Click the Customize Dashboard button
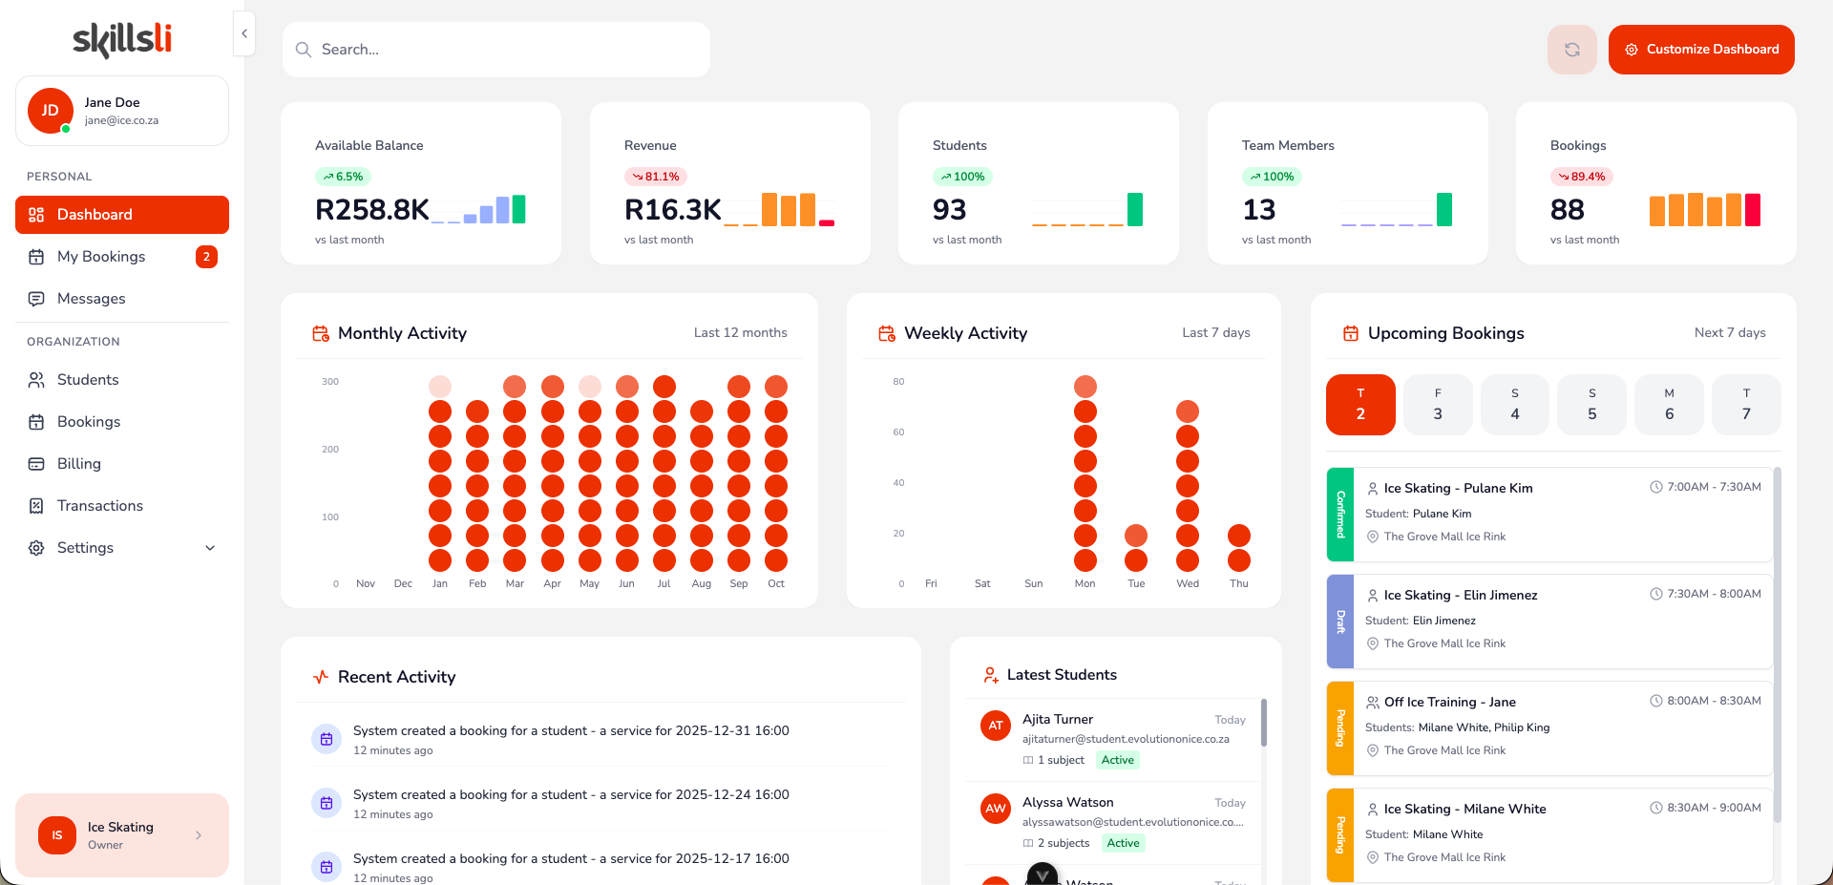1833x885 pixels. coord(1701,50)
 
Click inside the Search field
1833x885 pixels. coord(496,50)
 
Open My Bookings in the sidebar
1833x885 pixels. coord(101,257)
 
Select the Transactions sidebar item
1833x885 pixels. coord(99,506)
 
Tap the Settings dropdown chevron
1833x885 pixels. coord(210,548)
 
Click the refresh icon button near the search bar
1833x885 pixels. coord(1571,50)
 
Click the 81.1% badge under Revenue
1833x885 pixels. coord(656,177)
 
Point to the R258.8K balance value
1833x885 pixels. coord(371,209)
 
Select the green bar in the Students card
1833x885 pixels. coord(1135,209)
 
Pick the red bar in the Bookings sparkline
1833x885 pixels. coord(1753,209)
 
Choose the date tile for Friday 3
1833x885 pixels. coord(1438,405)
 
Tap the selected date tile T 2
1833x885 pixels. coord(1360,405)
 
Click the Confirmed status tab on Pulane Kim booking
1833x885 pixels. coord(1340,515)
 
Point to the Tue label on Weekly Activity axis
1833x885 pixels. coord(1136,583)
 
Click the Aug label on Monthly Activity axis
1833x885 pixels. coord(702,583)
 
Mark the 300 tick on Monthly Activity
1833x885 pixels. coord(330,382)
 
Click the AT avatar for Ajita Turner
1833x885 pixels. coord(996,726)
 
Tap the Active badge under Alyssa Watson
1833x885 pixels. coord(1123,843)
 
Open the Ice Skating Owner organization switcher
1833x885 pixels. coord(122,835)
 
